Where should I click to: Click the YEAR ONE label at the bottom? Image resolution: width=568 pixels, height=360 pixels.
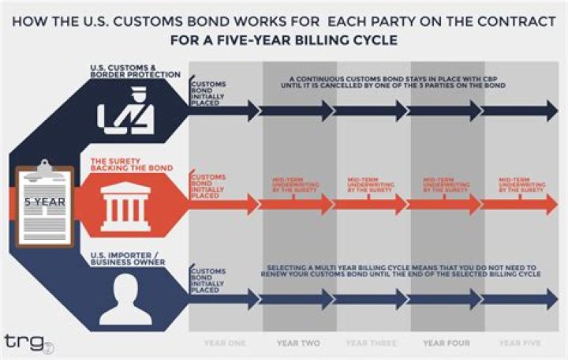point(225,343)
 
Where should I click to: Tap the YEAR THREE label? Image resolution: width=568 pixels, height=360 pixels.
point(372,343)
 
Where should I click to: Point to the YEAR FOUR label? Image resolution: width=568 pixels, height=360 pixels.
point(446,343)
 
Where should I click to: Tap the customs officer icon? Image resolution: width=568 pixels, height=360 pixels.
point(125,111)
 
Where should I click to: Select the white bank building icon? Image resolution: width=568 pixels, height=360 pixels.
point(125,204)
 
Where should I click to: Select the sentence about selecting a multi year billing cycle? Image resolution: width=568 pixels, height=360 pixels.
point(399,271)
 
